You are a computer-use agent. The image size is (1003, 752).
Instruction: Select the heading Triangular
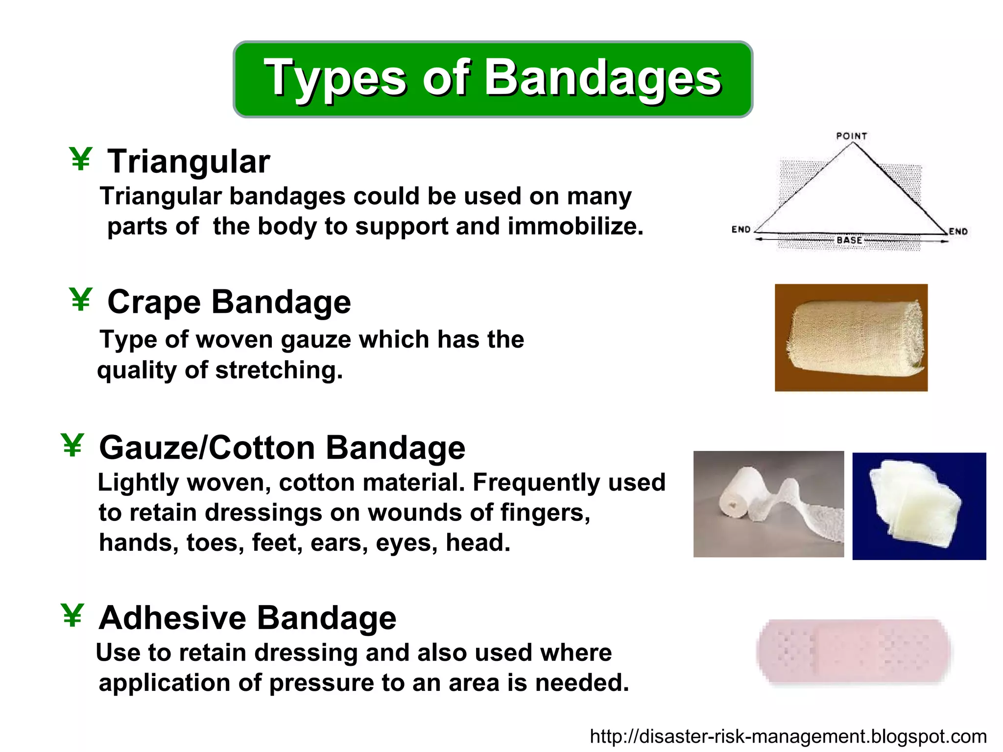tap(189, 162)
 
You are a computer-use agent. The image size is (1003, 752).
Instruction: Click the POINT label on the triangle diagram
tap(851, 136)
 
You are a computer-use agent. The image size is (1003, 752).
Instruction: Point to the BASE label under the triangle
tap(849, 240)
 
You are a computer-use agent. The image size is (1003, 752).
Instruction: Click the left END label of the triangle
tap(740, 229)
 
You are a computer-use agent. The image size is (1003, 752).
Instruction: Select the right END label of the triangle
tap(958, 231)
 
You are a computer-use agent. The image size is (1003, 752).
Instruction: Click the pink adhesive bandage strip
tap(853, 651)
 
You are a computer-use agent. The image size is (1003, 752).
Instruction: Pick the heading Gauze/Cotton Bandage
tap(282, 447)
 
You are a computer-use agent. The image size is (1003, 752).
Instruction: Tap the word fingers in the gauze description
tap(545, 513)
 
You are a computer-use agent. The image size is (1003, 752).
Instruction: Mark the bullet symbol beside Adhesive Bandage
tap(72, 615)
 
